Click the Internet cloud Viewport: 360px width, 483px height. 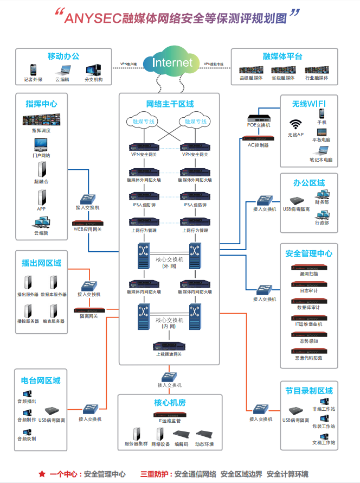tap(172, 62)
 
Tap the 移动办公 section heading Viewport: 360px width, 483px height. tap(63, 56)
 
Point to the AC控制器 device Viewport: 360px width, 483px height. tap(258, 138)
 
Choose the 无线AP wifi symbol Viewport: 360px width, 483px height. tap(295, 124)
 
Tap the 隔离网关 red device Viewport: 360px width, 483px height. tap(88, 310)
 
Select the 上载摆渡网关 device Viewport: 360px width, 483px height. tap(169, 345)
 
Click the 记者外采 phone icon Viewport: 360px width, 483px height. tap(33, 70)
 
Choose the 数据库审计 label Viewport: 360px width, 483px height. tap(308, 307)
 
